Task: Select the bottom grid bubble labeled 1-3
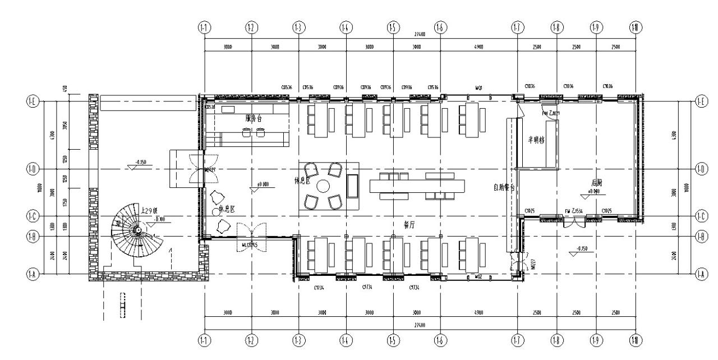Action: click(299, 340)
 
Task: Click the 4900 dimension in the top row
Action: click(478, 48)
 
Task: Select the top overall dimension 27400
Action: click(420, 34)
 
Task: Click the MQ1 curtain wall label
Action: click(479, 88)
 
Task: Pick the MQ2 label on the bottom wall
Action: click(478, 276)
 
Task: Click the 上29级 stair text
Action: click(152, 211)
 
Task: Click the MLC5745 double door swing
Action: click(250, 232)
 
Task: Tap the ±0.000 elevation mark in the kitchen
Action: click(593, 192)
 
